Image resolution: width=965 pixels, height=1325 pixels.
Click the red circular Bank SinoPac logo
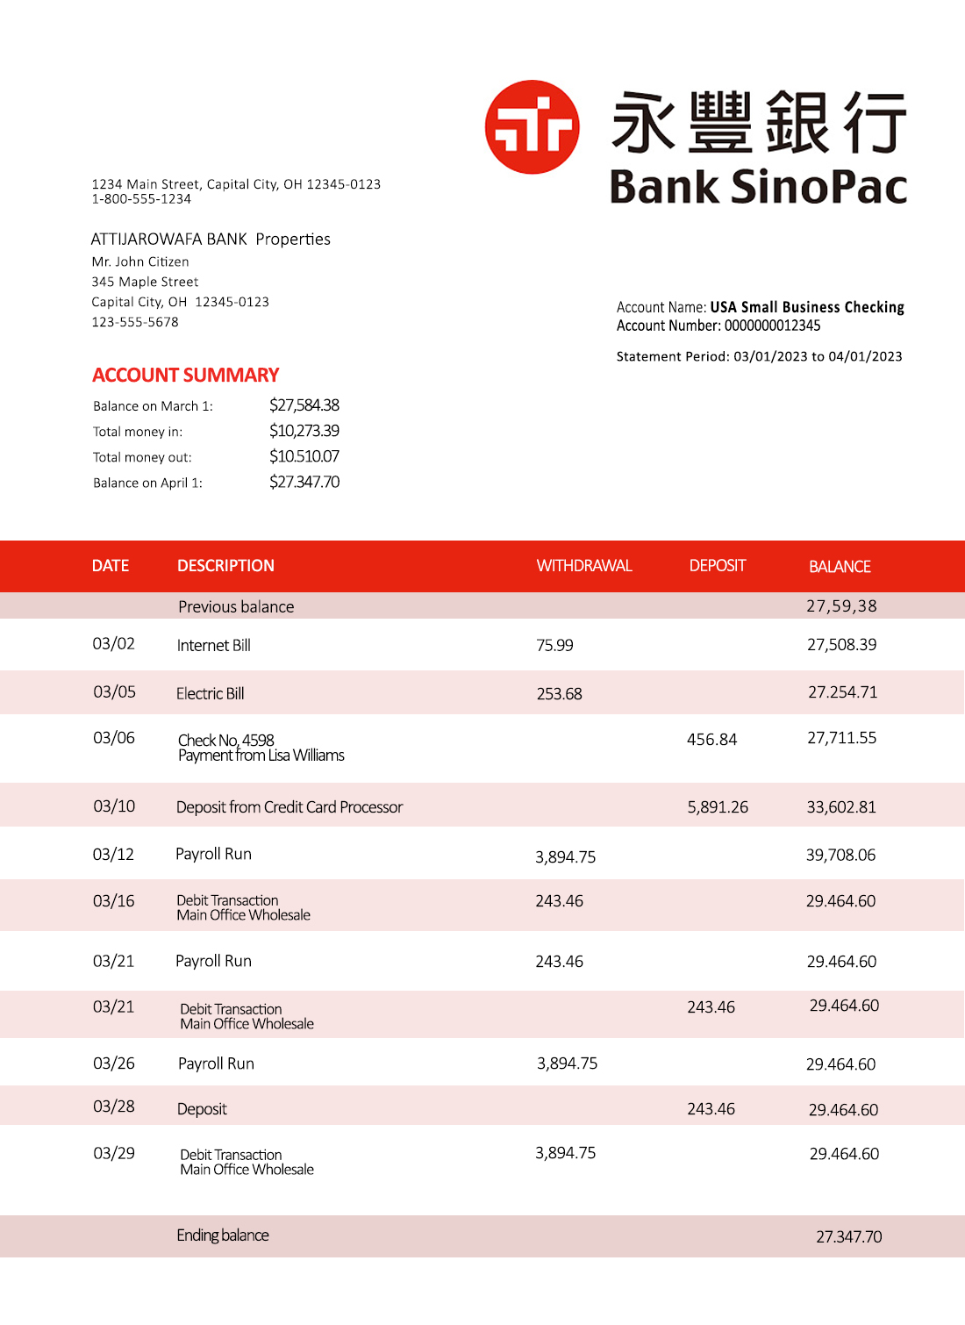[x=532, y=127]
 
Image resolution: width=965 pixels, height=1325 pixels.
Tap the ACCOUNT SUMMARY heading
[x=185, y=376]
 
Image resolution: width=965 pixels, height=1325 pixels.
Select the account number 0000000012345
[x=772, y=326]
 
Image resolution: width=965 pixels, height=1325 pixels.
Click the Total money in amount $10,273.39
[x=304, y=431]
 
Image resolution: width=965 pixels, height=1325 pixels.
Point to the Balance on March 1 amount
[x=304, y=405]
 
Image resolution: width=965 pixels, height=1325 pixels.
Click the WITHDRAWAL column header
[x=583, y=566]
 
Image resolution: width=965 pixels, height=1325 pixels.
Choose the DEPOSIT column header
[x=717, y=566]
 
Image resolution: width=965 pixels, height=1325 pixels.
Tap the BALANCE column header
[x=839, y=567]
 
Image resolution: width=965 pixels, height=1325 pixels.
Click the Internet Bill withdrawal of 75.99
[x=554, y=646]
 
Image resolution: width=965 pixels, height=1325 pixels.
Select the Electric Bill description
[x=210, y=694]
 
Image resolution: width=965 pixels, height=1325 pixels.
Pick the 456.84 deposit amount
[x=711, y=740]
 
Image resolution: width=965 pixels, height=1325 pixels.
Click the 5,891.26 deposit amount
[x=717, y=807]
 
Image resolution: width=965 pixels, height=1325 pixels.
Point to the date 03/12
[x=113, y=855]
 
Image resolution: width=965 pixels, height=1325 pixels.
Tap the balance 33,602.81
[x=840, y=807]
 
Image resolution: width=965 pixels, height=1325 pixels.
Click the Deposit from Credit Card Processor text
[x=289, y=807]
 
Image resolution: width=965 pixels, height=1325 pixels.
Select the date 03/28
[x=114, y=1107]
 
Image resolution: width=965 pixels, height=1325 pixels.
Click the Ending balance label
[x=222, y=1235]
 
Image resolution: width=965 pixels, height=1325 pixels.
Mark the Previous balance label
[x=236, y=607]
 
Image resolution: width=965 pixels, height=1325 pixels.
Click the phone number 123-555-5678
[x=135, y=322]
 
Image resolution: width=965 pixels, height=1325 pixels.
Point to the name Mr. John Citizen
[x=140, y=261]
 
